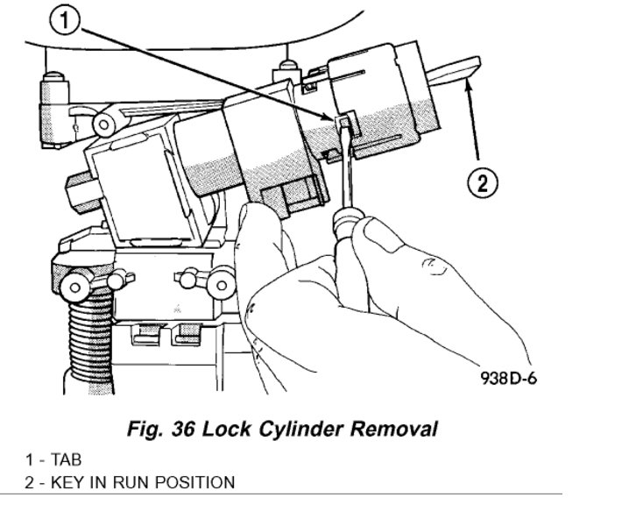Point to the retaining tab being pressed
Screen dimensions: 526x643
tap(343, 117)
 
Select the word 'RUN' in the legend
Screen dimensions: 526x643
tap(136, 482)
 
